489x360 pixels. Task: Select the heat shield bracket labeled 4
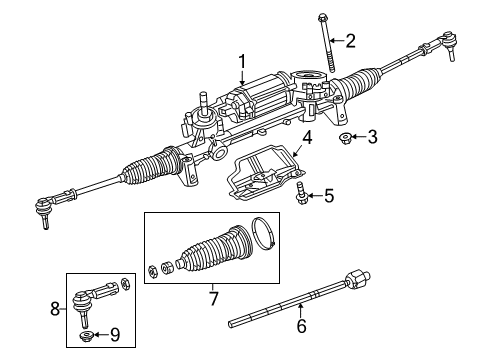(262, 171)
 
